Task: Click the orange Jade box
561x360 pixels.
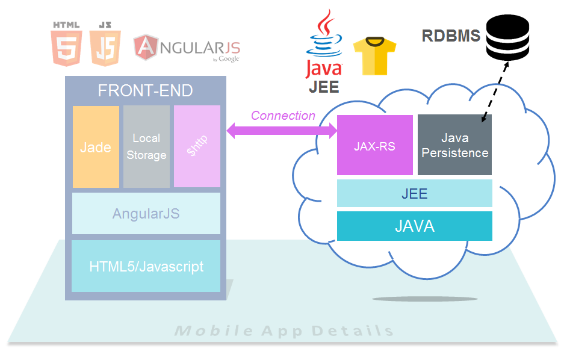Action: point(96,146)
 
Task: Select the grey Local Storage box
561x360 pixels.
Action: point(146,146)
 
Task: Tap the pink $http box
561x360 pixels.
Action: point(197,146)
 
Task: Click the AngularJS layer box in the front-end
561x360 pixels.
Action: point(146,213)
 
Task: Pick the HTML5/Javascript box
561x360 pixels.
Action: point(146,266)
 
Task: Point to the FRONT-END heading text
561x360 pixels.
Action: point(145,91)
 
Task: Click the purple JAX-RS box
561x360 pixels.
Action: point(374,145)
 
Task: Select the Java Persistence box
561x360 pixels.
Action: point(454,145)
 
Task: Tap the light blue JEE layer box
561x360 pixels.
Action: point(414,193)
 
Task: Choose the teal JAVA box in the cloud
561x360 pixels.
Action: point(414,226)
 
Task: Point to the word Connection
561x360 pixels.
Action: point(283,116)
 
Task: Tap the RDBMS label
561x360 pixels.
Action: point(451,36)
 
